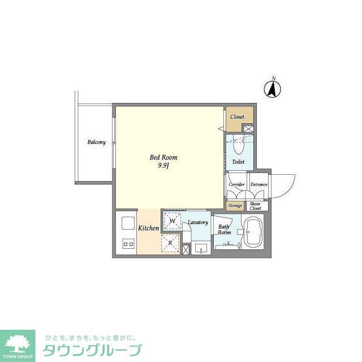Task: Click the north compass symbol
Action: pos(274,88)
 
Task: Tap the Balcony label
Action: pos(96,142)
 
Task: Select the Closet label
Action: pos(237,117)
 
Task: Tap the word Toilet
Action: pos(238,162)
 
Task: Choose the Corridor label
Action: pos(236,184)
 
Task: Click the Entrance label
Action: pos(259,184)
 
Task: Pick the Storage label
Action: pos(235,205)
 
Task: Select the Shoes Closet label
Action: pos(255,205)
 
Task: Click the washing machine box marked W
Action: pos(173,221)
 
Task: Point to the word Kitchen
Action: pos(149,229)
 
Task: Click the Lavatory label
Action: pos(198,222)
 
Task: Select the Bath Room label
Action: pos(225,230)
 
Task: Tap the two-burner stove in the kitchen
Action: pos(127,244)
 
